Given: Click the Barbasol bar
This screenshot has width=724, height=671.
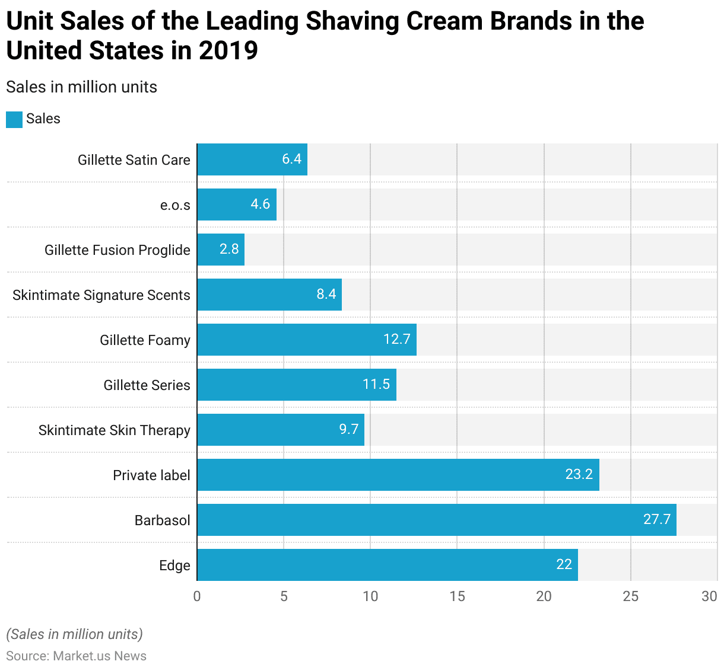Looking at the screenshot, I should pyautogui.click(x=436, y=520).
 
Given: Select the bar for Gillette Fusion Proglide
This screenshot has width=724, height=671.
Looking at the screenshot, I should pyautogui.click(x=221, y=250).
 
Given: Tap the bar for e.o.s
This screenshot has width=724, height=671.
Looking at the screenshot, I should pyautogui.click(x=237, y=205).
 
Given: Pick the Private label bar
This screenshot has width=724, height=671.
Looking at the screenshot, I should pyautogui.click(x=398, y=475).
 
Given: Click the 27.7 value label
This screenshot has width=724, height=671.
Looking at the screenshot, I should pyautogui.click(x=657, y=520).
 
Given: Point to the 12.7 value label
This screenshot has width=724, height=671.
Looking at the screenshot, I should pyautogui.click(x=397, y=340).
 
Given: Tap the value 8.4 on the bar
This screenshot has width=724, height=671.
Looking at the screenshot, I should pyautogui.click(x=326, y=295).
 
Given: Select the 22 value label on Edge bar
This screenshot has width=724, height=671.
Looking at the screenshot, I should pyautogui.click(x=564, y=565).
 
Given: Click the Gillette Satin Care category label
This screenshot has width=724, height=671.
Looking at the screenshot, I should pyautogui.click(x=134, y=160).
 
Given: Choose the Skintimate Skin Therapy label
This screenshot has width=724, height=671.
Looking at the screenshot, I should pyautogui.click(x=115, y=430).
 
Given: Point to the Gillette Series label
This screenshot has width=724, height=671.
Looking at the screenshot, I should pyautogui.click(x=147, y=385).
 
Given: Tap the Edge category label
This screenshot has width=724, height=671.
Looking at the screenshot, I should pyautogui.click(x=174, y=565).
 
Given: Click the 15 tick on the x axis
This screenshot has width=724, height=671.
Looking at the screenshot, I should pyautogui.click(x=457, y=596).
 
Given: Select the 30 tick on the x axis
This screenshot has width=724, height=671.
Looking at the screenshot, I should pyautogui.click(x=709, y=596).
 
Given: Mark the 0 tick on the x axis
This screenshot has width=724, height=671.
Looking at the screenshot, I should pyautogui.click(x=197, y=596).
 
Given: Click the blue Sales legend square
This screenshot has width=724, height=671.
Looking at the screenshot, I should pyautogui.click(x=14, y=119).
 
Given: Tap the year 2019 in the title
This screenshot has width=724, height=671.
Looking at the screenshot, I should pyautogui.click(x=228, y=51).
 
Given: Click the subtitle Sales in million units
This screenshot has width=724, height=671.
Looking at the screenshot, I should pyautogui.click(x=82, y=87).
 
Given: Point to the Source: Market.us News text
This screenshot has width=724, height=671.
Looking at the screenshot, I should pyautogui.click(x=76, y=656).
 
